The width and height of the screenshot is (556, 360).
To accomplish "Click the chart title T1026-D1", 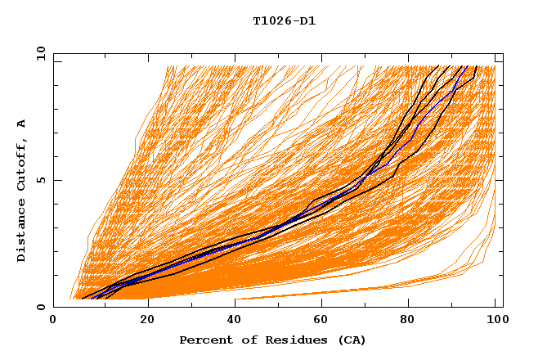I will [x=285, y=20].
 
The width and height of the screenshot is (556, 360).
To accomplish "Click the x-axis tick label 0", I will [x=53, y=322].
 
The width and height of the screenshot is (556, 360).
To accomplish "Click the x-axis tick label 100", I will [x=495, y=322].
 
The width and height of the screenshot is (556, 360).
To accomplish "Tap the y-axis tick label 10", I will [x=40, y=53].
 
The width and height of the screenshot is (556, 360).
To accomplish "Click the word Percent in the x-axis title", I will [x=203, y=340].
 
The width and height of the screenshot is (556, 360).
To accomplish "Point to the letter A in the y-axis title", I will [x=22, y=123].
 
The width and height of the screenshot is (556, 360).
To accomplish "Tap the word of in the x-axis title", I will [x=244, y=340].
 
